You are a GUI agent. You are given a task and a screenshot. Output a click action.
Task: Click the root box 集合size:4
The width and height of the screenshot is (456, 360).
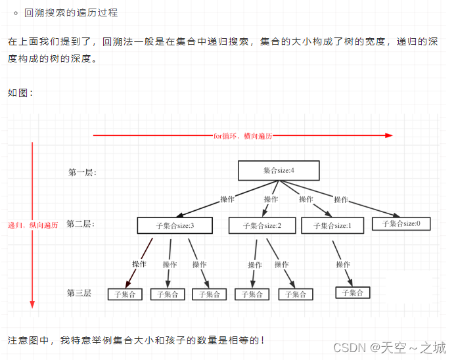[x=279, y=170]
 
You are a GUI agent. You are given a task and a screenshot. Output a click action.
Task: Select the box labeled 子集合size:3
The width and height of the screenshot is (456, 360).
[x=175, y=225]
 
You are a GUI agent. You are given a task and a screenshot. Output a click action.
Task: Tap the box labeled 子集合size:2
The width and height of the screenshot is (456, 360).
[x=262, y=225]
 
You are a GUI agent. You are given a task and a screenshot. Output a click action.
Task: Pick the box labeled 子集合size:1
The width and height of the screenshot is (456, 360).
[x=332, y=225]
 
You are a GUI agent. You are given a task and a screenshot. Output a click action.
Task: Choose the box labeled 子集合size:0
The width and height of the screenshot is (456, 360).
[x=401, y=223]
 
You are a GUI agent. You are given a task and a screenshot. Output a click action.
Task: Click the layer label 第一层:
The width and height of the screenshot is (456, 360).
[x=82, y=172]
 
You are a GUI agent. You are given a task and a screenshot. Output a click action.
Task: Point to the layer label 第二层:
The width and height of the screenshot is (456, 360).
[x=81, y=224]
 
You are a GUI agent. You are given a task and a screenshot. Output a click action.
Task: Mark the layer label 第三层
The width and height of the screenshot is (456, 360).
[x=79, y=292]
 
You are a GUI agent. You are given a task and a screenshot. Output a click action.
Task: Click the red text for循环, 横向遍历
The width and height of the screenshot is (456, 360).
[x=242, y=135]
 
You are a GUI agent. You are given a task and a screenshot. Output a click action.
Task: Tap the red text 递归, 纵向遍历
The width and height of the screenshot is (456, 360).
[x=33, y=225]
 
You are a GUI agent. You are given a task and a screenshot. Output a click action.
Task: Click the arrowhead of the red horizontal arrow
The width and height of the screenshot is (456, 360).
[x=389, y=135]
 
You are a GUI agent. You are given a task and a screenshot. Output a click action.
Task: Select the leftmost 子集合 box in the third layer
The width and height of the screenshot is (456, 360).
[x=125, y=294]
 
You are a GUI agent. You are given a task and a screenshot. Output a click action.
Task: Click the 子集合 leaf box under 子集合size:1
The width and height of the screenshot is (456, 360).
[x=353, y=292]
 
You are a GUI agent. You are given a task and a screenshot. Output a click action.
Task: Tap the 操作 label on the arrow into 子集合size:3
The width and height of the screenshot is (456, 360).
[x=227, y=198]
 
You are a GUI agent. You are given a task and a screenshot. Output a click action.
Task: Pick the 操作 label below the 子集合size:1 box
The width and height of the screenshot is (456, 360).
[x=343, y=264]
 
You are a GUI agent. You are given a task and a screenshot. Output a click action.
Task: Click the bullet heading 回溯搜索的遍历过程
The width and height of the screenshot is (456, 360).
[x=71, y=12]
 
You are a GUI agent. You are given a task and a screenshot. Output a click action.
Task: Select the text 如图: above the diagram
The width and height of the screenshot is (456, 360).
[x=20, y=93]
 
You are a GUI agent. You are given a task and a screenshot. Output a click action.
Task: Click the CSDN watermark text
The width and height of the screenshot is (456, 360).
[x=390, y=347]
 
